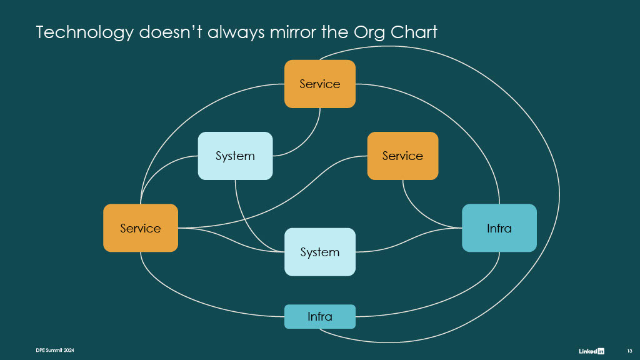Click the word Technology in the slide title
(x=84, y=32)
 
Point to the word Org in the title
(x=369, y=33)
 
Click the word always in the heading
(x=236, y=32)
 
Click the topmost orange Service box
(x=320, y=84)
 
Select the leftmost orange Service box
(x=141, y=227)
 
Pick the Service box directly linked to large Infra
(x=403, y=156)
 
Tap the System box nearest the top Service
(x=235, y=156)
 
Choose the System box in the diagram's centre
(x=320, y=252)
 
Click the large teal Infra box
(x=499, y=227)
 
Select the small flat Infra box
(x=320, y=316)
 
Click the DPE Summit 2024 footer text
(x=55, y=350)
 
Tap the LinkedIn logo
(x=591, y=351)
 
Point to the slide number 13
(x=629, y=351)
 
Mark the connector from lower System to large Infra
(x=408, y=240)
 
